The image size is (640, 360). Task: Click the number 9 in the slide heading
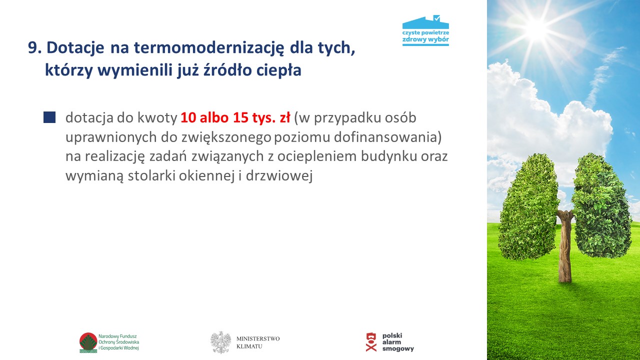pyautogui.click(x=33, y=47)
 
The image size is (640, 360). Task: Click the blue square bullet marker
pyautogui.click(x=49, y=117)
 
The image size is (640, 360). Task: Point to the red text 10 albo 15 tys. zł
pyautogui.click(x=235, y=117)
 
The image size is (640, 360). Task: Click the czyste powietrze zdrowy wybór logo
pyautogui.click(x=425, y=30)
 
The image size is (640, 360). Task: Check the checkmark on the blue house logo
pyautogui.click(x=437, y=18)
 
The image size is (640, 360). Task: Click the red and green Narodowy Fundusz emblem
pyautogui.click(x=88, y=342)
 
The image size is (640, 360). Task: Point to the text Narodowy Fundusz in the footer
pyautogui.click(x=117, y=336)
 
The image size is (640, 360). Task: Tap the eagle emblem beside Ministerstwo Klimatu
pyautogui.click(x=220, y=342)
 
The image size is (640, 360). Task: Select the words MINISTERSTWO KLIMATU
pyautogui.click(x=258, y=342)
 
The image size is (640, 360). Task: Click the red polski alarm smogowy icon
pyautogui.click(x=371, y=342)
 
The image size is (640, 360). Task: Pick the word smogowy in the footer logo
pyautogui.click(x=398, y=349)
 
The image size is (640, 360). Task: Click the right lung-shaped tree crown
pyautogui.click(x=601, y=205)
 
